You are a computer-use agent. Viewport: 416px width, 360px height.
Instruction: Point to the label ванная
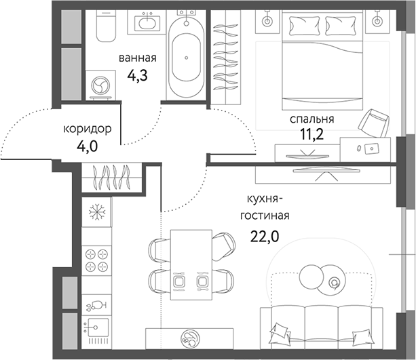(x=141, y=58)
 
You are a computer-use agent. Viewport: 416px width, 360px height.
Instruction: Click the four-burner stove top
(x=96, y=259)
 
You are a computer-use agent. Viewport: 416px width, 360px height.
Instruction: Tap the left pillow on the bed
(x=303, y=26)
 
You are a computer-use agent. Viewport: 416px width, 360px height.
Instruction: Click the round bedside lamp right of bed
(x=377, y=21)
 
